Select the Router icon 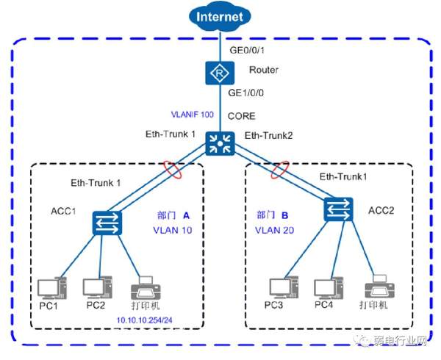pos(220,72)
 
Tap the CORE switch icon pos(220,143)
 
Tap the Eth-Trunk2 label pos(268,136)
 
